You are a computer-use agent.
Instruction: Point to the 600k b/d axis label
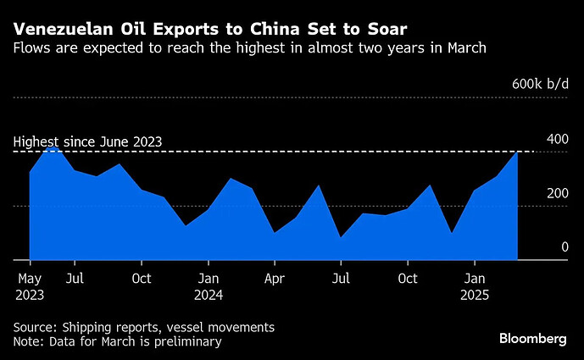tap(540, 86)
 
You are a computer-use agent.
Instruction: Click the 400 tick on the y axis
tap(557, 139)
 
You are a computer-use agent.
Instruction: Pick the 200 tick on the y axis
tap(557, 193)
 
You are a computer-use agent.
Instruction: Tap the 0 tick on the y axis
tap(564, 247)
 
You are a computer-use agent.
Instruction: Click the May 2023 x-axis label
tap(31, 286)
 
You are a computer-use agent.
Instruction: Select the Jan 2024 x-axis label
tap(209, 286)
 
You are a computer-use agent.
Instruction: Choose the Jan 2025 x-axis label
tap(476, 286)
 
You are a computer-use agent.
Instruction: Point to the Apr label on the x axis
tap(274, 277)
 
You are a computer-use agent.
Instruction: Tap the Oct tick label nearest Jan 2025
tap(408, 277)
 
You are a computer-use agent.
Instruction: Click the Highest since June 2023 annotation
tap(87, 141)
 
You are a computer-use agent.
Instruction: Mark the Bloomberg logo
tap(532, 339)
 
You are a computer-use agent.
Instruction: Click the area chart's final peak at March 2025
tap(517, 152)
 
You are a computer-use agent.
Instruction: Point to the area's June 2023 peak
tap(52, 147)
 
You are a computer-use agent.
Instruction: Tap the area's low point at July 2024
tap(341, 237)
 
